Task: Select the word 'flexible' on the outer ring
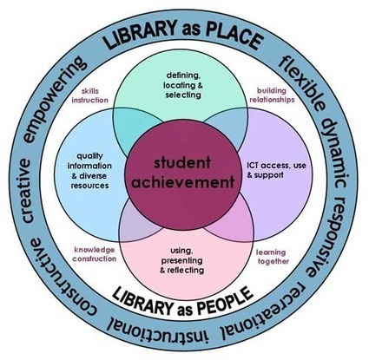click(x=301, y=82)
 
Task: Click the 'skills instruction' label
click(x=89, y=95)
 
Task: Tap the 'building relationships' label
click(x=272, y=95)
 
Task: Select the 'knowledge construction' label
click(x=95, y=254)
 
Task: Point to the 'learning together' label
click(x=272, y=257)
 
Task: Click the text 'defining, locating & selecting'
click(x=183, y=85)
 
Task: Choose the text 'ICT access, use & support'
click(x=276, y=170)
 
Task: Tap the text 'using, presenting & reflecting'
click(x=182, y=260)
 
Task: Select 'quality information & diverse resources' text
click(x=89, y=171)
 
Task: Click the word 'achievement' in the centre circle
click(x=183, y=182)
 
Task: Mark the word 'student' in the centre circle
click(x=182, y=163)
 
